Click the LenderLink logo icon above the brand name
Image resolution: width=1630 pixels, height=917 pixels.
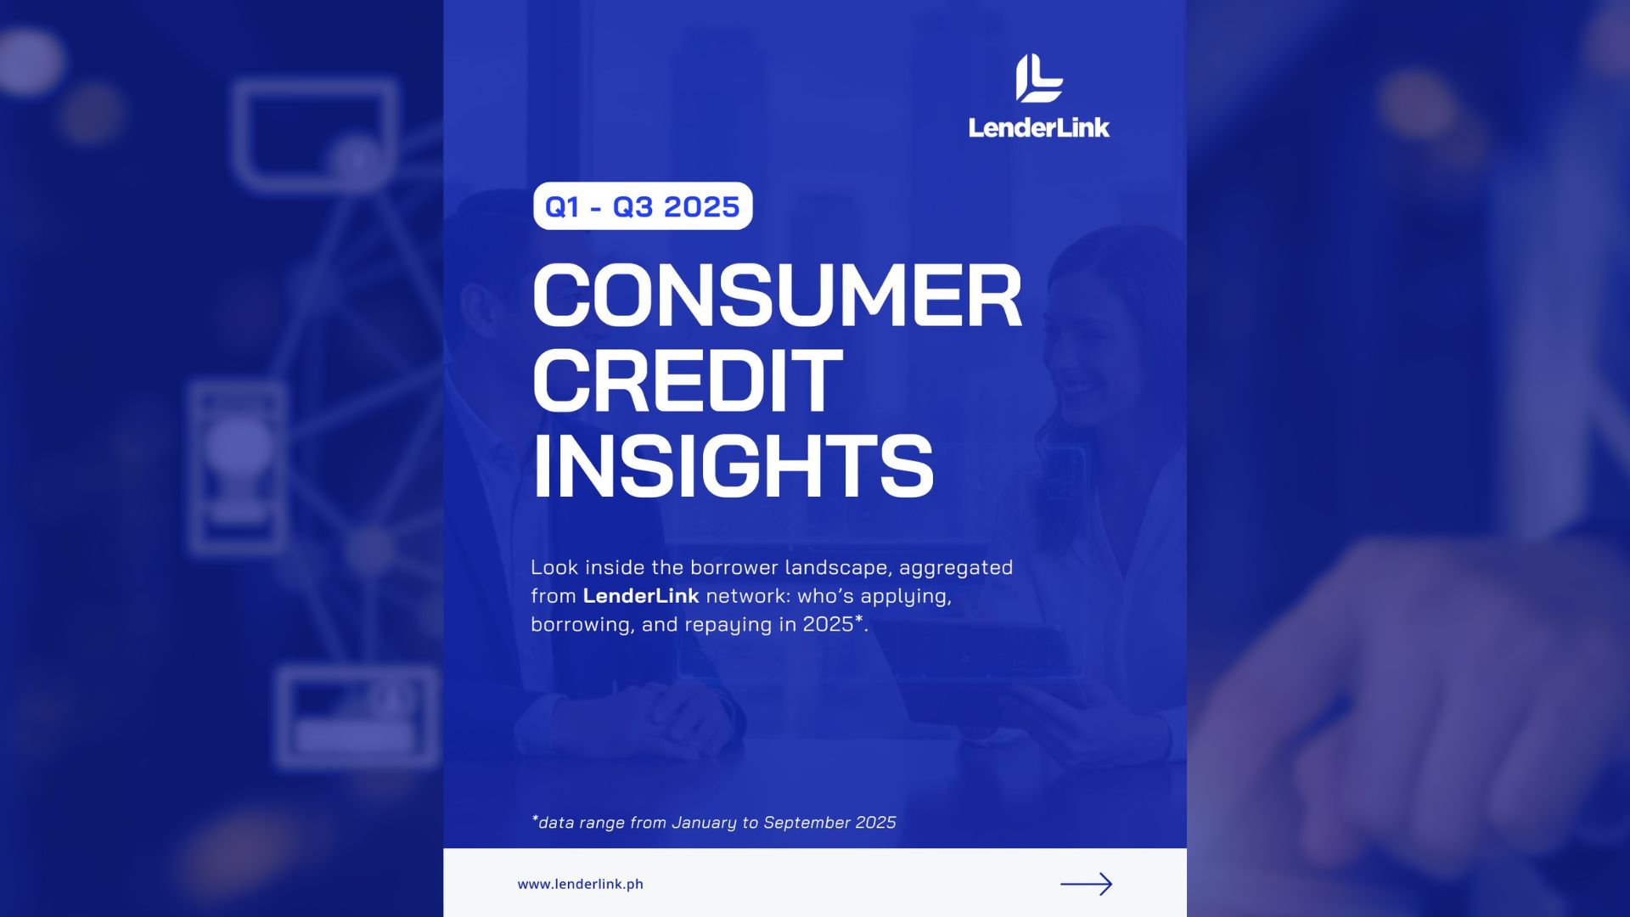[x=1039, y=78]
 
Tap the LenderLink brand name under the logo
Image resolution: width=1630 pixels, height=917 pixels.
[x=1039, y=127]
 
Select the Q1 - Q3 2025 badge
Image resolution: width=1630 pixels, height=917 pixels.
[x=643, y=206]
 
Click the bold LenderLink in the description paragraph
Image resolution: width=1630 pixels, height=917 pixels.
[x=641, y=596]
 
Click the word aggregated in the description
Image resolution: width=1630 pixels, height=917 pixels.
[x=956, y=569]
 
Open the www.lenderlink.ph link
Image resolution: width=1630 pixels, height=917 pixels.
[x=581, y=884]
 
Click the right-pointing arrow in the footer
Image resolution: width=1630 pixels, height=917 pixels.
[x=1087, y=884]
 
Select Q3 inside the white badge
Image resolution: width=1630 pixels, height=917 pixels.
[x=633, y=206]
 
